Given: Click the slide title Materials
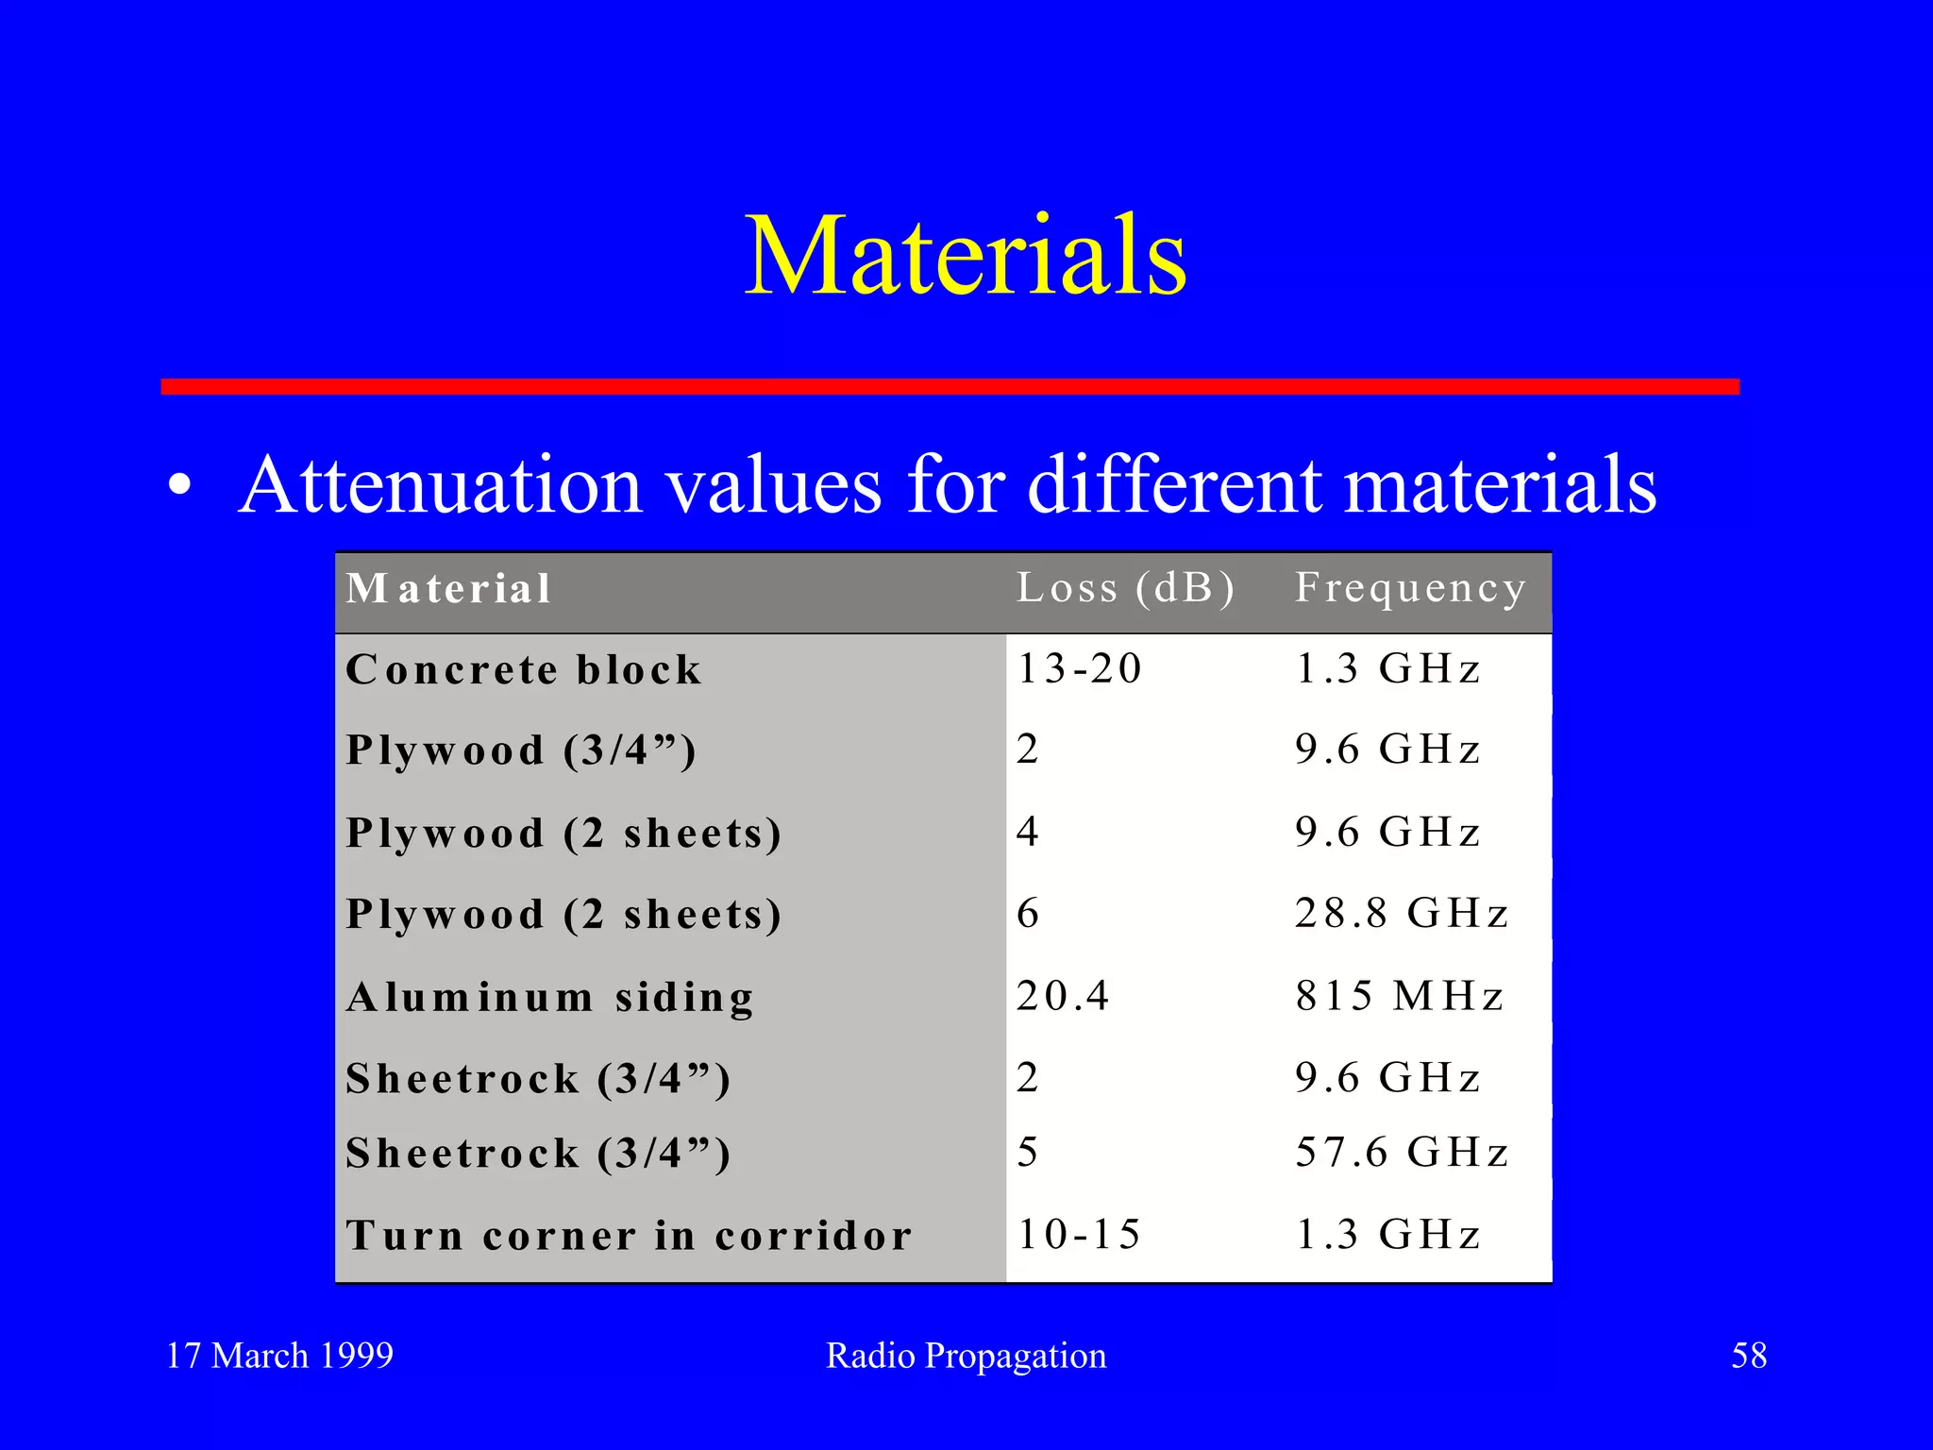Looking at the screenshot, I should tap(965, 255).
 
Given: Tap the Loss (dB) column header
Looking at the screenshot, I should tap(1125, 588).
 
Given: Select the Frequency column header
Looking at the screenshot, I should tap(1410, 588).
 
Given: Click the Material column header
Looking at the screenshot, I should tap(448, 589).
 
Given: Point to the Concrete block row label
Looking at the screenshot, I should tap(524, 670).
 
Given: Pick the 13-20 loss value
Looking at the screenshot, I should tap(1079, 669).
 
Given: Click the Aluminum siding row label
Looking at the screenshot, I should tap(550, 998).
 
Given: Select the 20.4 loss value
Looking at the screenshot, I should tap(1063, 996).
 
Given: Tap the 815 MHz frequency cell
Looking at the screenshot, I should tap(1399, 996).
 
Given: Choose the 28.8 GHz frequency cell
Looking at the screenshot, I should tap(1402, 914).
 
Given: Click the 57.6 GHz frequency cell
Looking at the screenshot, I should tap(1402, 1153).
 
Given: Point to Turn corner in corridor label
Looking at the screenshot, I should tap(630, 1236).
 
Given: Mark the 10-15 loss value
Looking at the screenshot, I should tap(1079, 1235).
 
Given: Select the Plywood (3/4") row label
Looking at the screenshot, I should tap(521, 751).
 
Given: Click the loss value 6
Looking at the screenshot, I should tap(1028, 914).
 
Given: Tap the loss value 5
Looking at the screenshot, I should tap(1028, 1153).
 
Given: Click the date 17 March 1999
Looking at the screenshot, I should tap(279, 1356).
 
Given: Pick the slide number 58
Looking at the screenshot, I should tap(1748, 1356).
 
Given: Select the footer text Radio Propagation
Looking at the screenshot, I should tap(966, 1356).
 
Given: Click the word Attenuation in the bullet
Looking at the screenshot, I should tap(441, 485).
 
